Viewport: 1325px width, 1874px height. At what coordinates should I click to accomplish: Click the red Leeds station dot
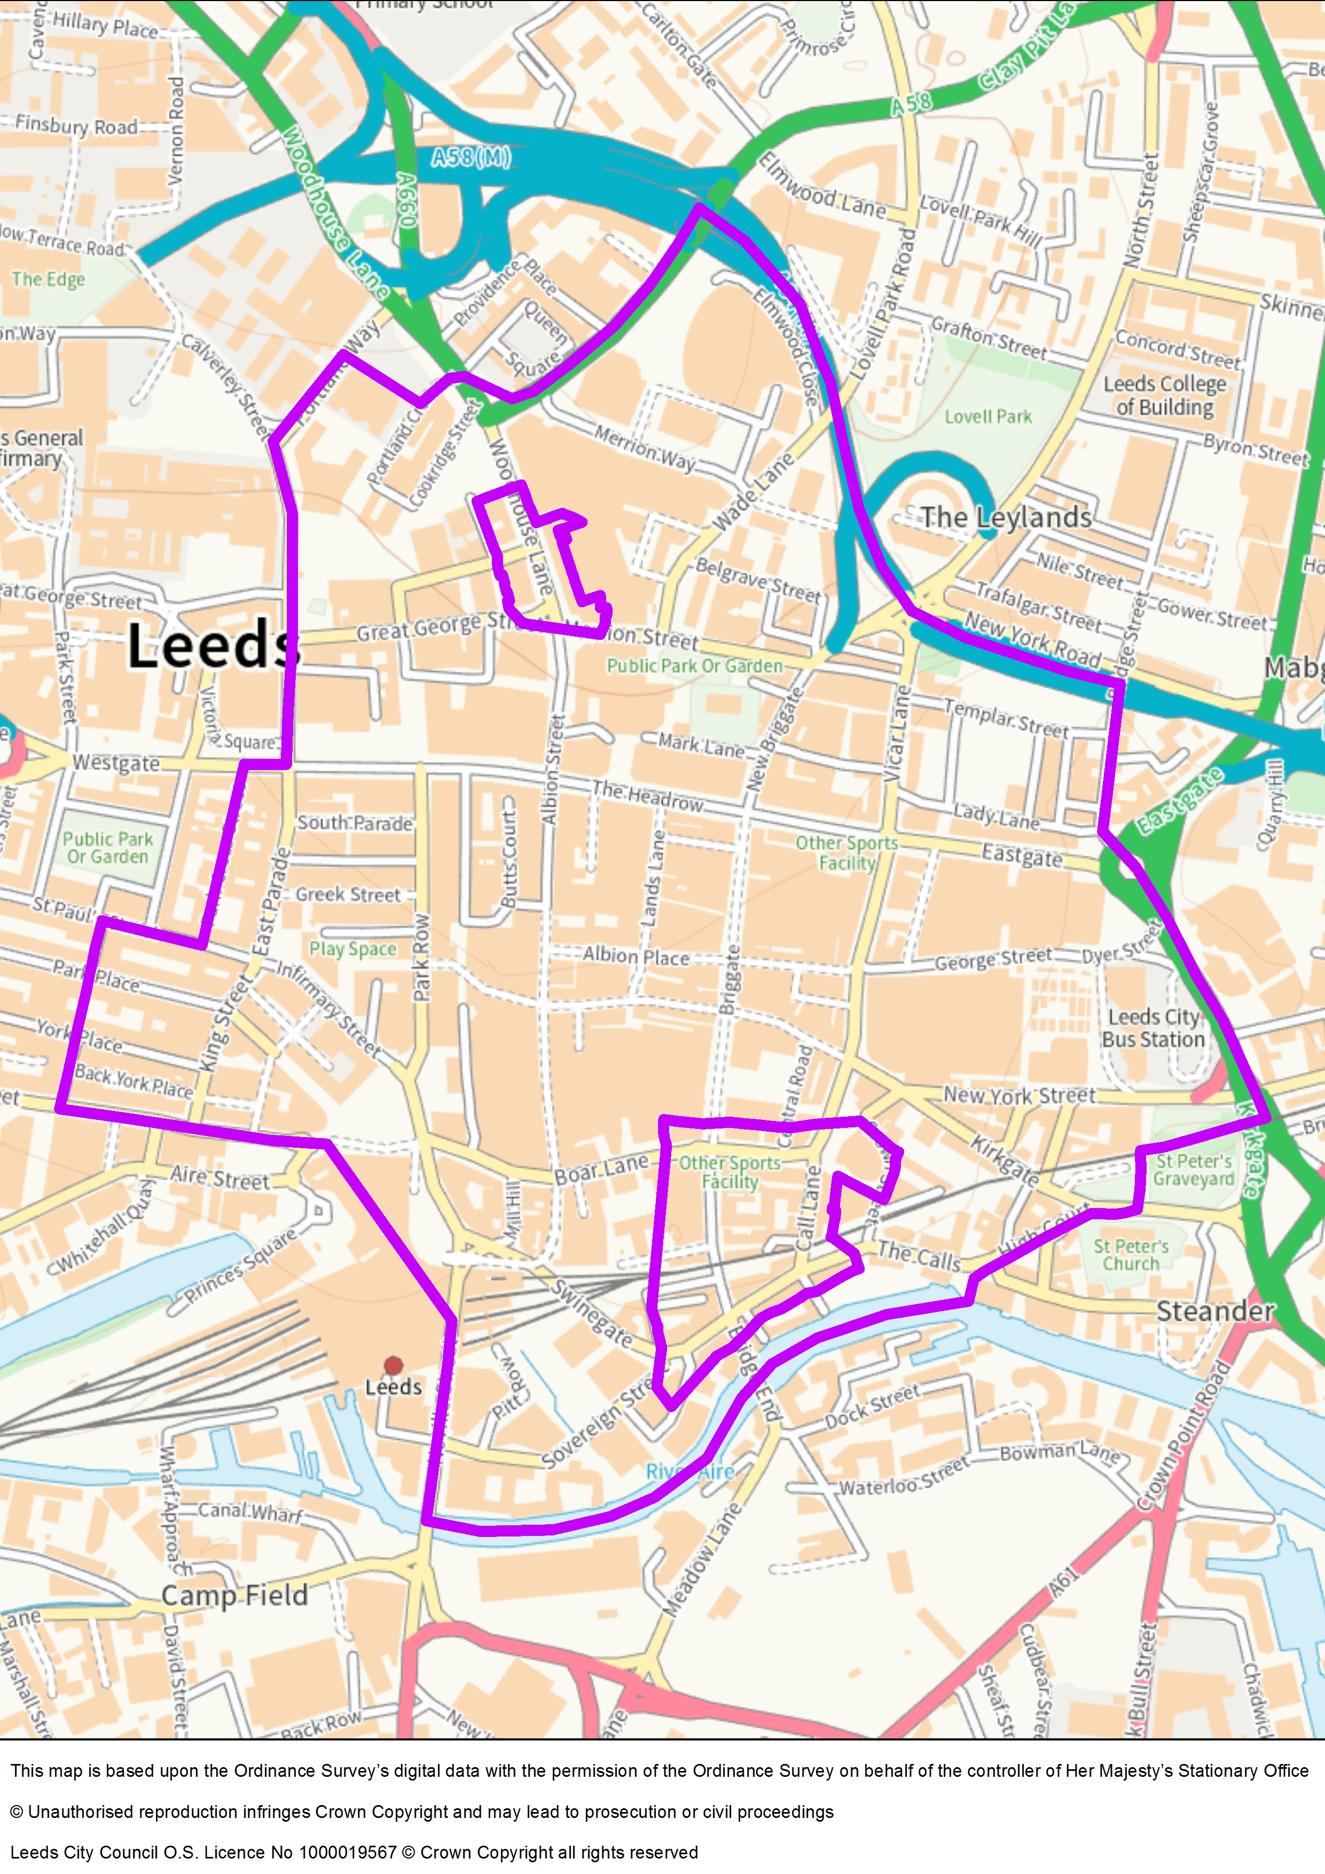coord(394,1366)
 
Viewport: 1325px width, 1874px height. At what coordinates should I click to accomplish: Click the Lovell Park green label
coord(988,417)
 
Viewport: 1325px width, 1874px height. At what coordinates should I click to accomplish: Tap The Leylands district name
coord(1006,517)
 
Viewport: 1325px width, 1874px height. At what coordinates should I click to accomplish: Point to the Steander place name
coord(1215,1312)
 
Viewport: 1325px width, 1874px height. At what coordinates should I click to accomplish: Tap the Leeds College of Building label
coord(1165,395)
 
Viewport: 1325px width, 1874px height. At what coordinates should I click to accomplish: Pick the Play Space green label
coord(352,948)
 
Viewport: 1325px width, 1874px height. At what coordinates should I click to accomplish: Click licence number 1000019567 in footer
coord(348,1852)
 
